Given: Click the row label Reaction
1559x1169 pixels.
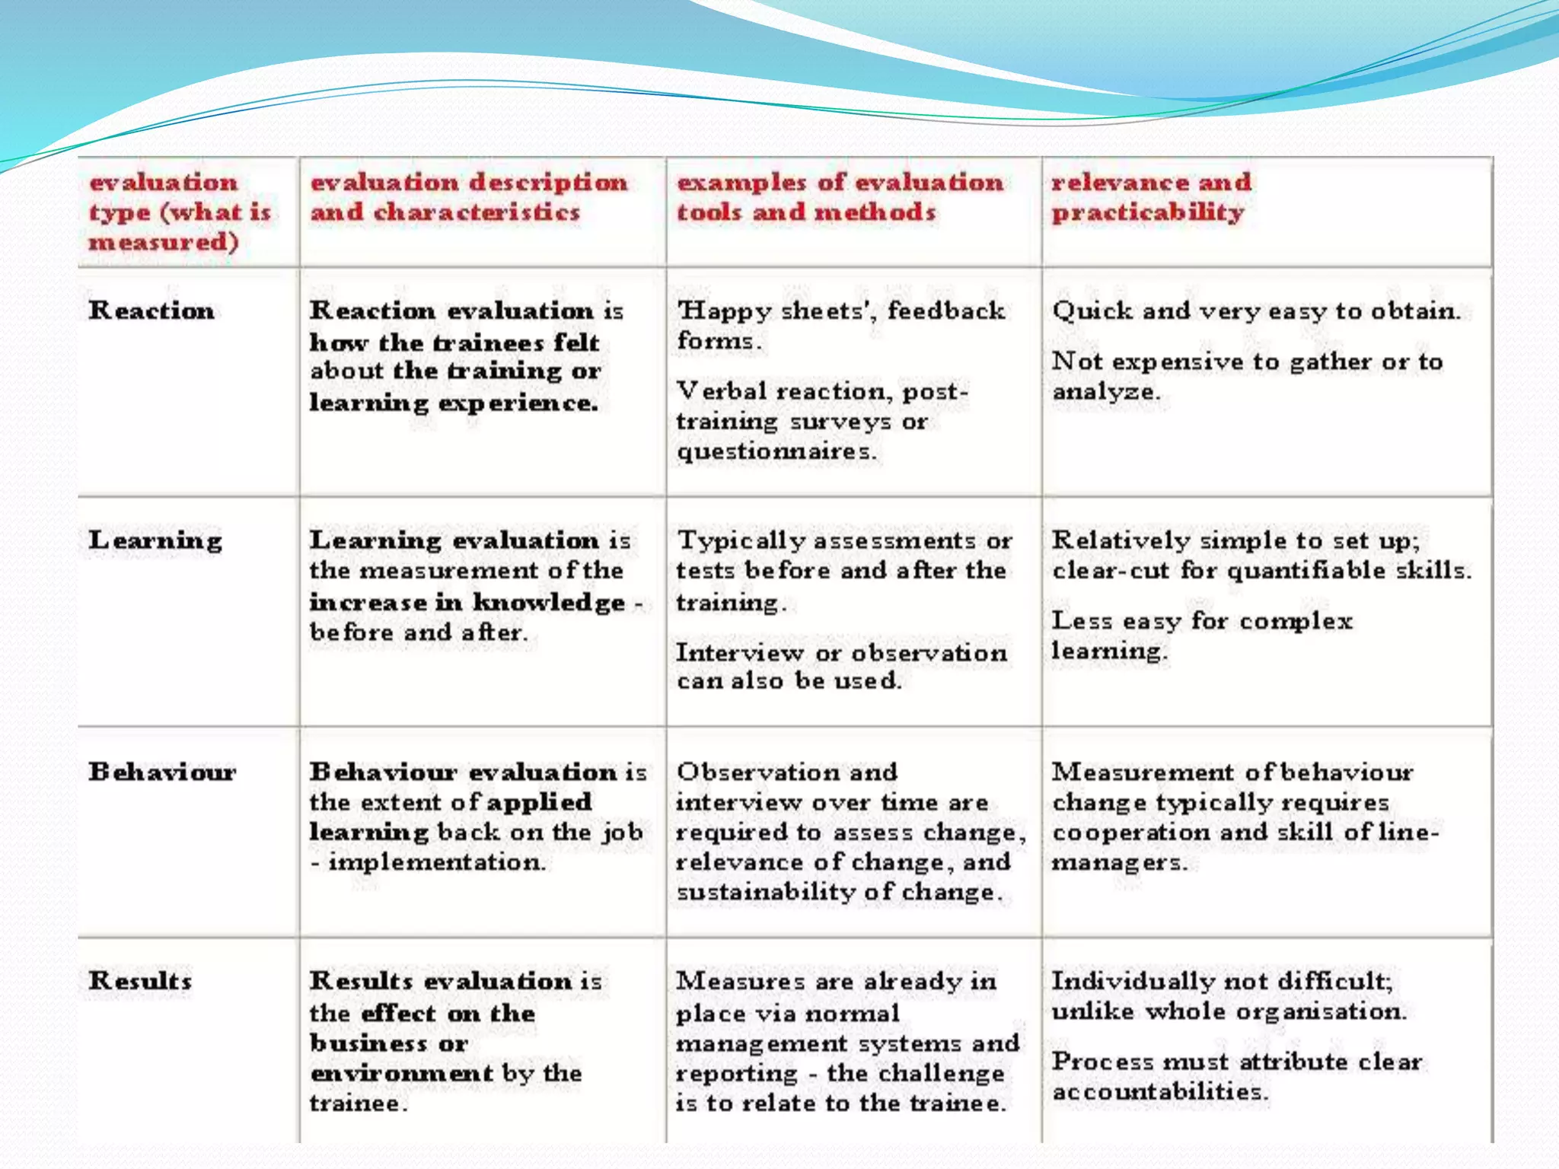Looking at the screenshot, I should click(x=151, y=311).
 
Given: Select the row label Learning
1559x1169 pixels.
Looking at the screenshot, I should click(x=155, y=540).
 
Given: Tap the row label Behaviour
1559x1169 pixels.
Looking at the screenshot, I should click(x=162, y=772).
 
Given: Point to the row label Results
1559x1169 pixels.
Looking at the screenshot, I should click(x=140, y=980).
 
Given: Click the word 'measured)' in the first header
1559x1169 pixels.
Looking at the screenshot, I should click(x=164, y=242).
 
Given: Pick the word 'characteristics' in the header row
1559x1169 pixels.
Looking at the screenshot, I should click(x=477, y=212).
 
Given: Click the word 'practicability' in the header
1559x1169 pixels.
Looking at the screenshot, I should click(x=1147, y=212).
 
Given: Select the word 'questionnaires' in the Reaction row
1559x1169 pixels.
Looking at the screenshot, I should click(x=775, y=451).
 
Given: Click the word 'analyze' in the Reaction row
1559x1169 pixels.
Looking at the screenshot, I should click(x=1104, y=391).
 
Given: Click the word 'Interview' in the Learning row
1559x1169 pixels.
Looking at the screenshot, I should click(x=739, y=652).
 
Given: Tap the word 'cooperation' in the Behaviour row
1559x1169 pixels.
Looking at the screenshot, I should click(x=1130, y=832).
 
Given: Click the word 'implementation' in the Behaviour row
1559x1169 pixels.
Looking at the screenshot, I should click(x=436, y=862).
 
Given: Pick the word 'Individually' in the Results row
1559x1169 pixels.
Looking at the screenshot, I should click(x=1133, y=980).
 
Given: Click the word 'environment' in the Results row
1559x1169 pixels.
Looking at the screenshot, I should click(x=401, y=1073).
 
